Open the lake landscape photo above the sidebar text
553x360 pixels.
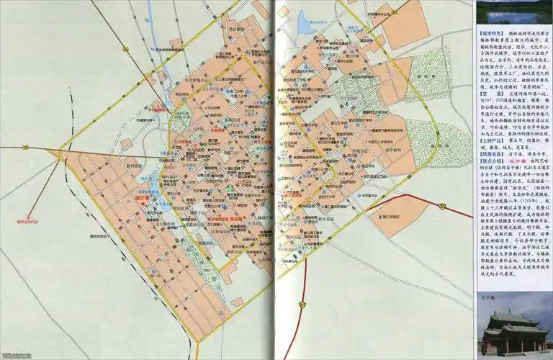point(513,12)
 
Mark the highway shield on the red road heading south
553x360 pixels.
point(304,305)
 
